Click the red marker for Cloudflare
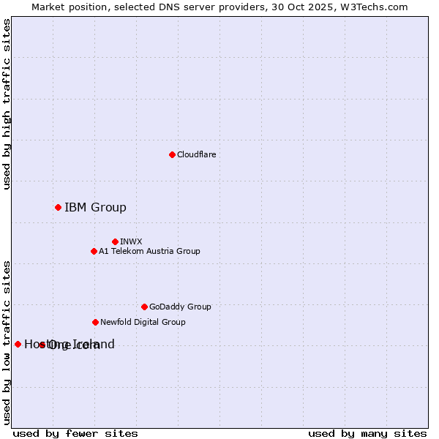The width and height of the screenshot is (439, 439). tap(172, 154)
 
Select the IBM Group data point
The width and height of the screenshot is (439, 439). tap(58, 207)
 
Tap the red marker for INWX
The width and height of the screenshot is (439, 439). tap(115, 241)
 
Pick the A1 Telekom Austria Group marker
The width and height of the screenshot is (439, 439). tap(94, 251)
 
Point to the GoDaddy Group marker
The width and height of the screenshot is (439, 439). tap(144, 307)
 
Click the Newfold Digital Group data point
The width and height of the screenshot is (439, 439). tap(95, 322)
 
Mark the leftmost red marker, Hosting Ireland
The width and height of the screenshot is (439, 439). tap(18, 344)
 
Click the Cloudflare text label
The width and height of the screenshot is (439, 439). tap(197, 154)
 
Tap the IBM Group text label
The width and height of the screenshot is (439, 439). tap(95, 207)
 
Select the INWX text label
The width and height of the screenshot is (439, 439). tap(132, 241)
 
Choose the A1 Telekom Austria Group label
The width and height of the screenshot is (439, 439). tap(149, 251)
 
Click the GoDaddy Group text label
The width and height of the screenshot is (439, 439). tap(180, 307)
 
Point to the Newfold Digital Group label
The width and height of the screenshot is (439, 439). tap(143, 322)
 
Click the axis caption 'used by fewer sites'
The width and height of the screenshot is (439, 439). tap(75, 433)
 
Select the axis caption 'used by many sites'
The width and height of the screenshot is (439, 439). tap(367, 433)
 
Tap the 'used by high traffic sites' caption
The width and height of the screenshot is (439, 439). tap(7, 104)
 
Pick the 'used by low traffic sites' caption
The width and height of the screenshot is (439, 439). tap(7, 342)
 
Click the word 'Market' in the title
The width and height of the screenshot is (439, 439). tap(48, 7)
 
